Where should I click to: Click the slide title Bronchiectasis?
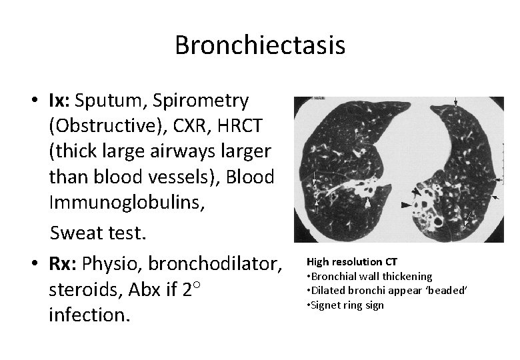(260, 45)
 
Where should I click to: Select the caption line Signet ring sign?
(347, 305)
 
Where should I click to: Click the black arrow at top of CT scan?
(456, 102)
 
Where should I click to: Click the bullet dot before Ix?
(32, 102)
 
